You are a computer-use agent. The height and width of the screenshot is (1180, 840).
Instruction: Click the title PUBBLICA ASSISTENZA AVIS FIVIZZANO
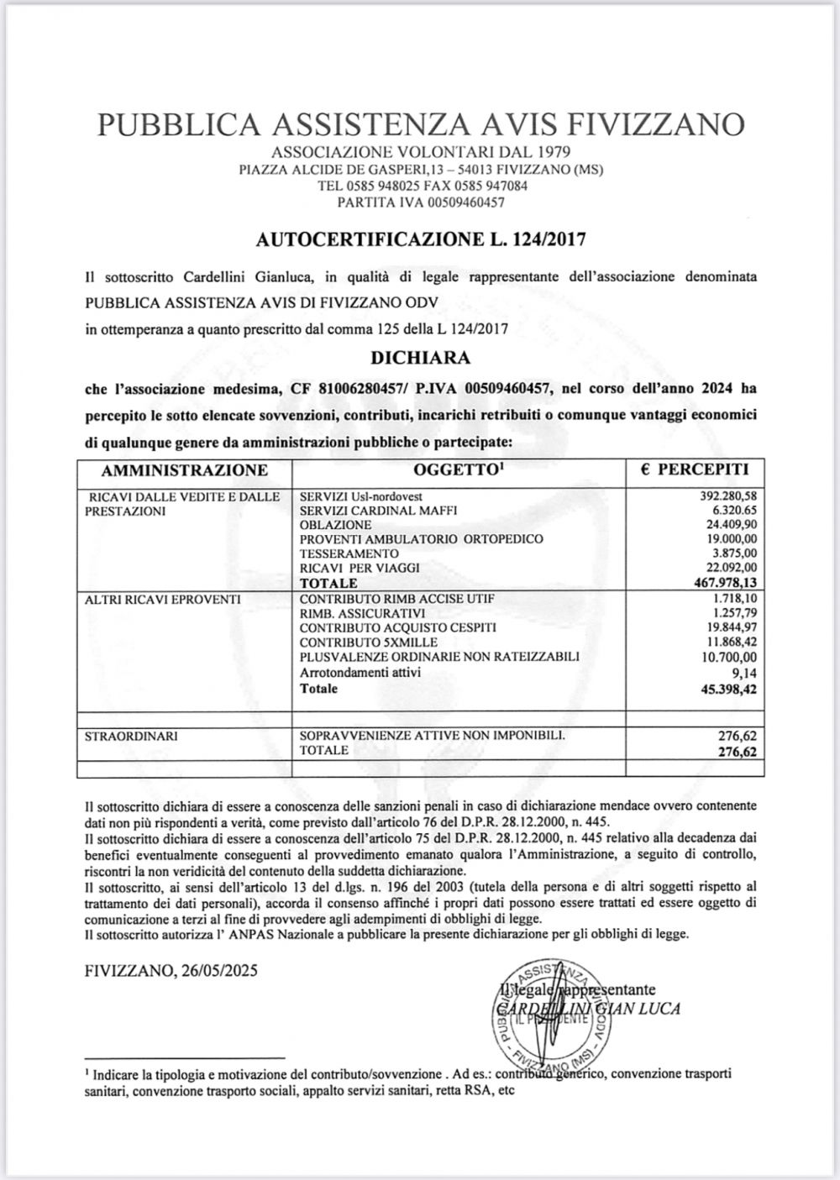coord(420,124)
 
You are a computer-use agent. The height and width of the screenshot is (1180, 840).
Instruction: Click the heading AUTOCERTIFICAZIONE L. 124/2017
coord(420,239)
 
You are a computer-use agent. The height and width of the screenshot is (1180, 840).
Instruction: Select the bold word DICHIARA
coord(420,357)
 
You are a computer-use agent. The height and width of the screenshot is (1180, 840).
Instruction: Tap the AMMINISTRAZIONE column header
coord(184,470)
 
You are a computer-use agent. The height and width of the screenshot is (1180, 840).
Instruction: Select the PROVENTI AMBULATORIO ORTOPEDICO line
coord(421,539)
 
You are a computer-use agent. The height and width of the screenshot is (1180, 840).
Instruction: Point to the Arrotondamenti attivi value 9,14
coord(744,672)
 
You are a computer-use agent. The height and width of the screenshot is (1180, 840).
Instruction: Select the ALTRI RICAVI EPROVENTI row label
coord(162,600)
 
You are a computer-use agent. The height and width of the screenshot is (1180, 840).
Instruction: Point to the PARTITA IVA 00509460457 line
coord(420,202)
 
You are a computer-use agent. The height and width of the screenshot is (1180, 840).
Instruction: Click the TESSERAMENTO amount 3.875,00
coord(733,554)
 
